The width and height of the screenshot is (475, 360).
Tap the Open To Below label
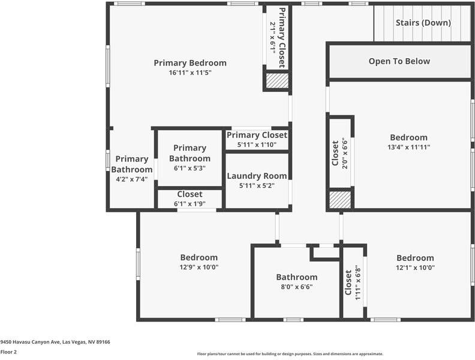click(399, 61)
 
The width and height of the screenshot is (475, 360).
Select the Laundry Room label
click(257, 176)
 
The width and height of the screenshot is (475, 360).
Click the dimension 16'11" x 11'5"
click(190, 73)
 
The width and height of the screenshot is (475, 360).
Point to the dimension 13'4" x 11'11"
click(408, 147)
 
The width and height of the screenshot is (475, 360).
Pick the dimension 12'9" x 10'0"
click(199, 268)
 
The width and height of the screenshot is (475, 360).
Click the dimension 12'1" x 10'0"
click(415, 268)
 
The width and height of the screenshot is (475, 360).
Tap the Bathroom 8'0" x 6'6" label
click(296, 277)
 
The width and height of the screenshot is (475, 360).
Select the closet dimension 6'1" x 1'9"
click(190, 204)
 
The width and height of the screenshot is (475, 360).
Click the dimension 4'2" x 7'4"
click(132, 179)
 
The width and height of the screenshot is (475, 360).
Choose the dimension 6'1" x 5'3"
click(190, 168)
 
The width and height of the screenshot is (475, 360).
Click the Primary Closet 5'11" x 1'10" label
click(257, 135)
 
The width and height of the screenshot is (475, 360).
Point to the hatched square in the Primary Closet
click(277, 81)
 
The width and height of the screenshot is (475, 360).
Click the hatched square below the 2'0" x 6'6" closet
click(340, 200)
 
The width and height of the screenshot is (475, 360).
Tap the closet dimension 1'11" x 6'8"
click(357, 283)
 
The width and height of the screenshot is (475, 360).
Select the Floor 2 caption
click(8, 352)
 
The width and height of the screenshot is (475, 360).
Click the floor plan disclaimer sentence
click(290, 354)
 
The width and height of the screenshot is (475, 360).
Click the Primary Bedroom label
click(190, 63)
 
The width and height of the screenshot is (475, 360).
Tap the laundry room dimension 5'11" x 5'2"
click(257, 186)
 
